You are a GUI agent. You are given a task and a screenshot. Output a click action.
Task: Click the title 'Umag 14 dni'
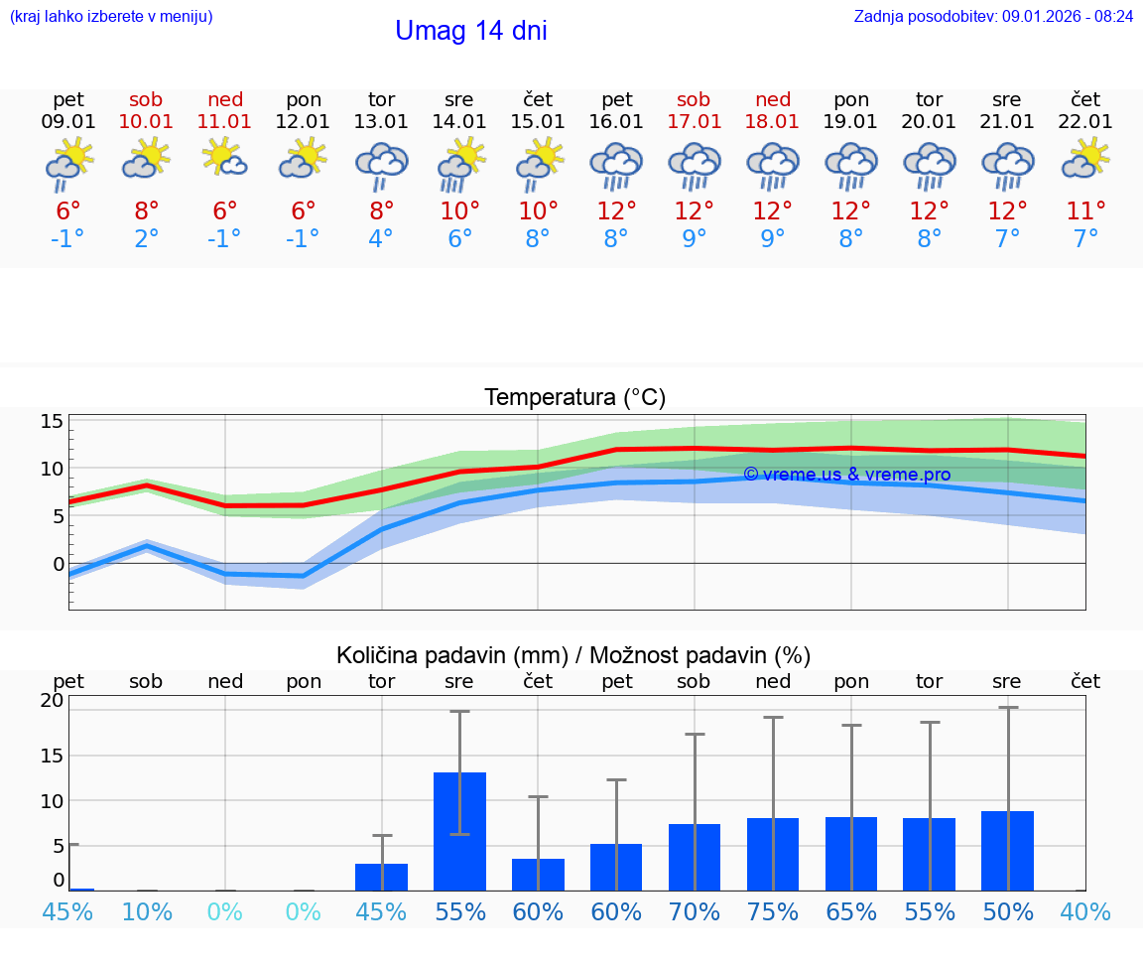coord(470,31)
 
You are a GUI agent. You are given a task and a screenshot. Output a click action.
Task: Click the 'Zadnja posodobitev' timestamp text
coord(993,16)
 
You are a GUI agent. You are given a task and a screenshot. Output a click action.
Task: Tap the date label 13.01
coord(381,122)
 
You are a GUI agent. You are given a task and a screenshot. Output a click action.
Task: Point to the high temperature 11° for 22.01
coord(1085,211)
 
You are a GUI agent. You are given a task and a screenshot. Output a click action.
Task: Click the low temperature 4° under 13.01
coord(381,239)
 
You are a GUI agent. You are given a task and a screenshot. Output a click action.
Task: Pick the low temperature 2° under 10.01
coord(146,239)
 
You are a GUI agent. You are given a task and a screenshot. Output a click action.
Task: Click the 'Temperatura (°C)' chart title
coord(574,398)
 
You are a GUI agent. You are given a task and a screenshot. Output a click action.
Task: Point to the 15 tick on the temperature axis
coord(52,421)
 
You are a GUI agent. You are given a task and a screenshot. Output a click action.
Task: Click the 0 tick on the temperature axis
coord(58,564)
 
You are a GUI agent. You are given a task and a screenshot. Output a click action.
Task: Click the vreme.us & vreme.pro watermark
coord(846,475)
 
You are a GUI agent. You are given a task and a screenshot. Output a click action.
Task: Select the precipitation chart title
coord(573,655)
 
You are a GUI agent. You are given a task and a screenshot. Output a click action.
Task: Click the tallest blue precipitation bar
coord(459,831)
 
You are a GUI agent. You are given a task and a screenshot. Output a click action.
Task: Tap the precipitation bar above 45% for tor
coord(381,877)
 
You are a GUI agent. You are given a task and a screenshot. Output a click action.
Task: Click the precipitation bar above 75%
coord(773,854)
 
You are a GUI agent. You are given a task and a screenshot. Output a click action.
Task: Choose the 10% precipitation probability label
coord(146,912)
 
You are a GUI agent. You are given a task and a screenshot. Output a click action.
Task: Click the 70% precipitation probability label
coord(694,912)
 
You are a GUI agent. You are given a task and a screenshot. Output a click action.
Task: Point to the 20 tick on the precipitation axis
coord(52,700)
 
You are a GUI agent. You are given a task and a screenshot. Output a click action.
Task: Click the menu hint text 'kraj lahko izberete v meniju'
coord(110,16)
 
